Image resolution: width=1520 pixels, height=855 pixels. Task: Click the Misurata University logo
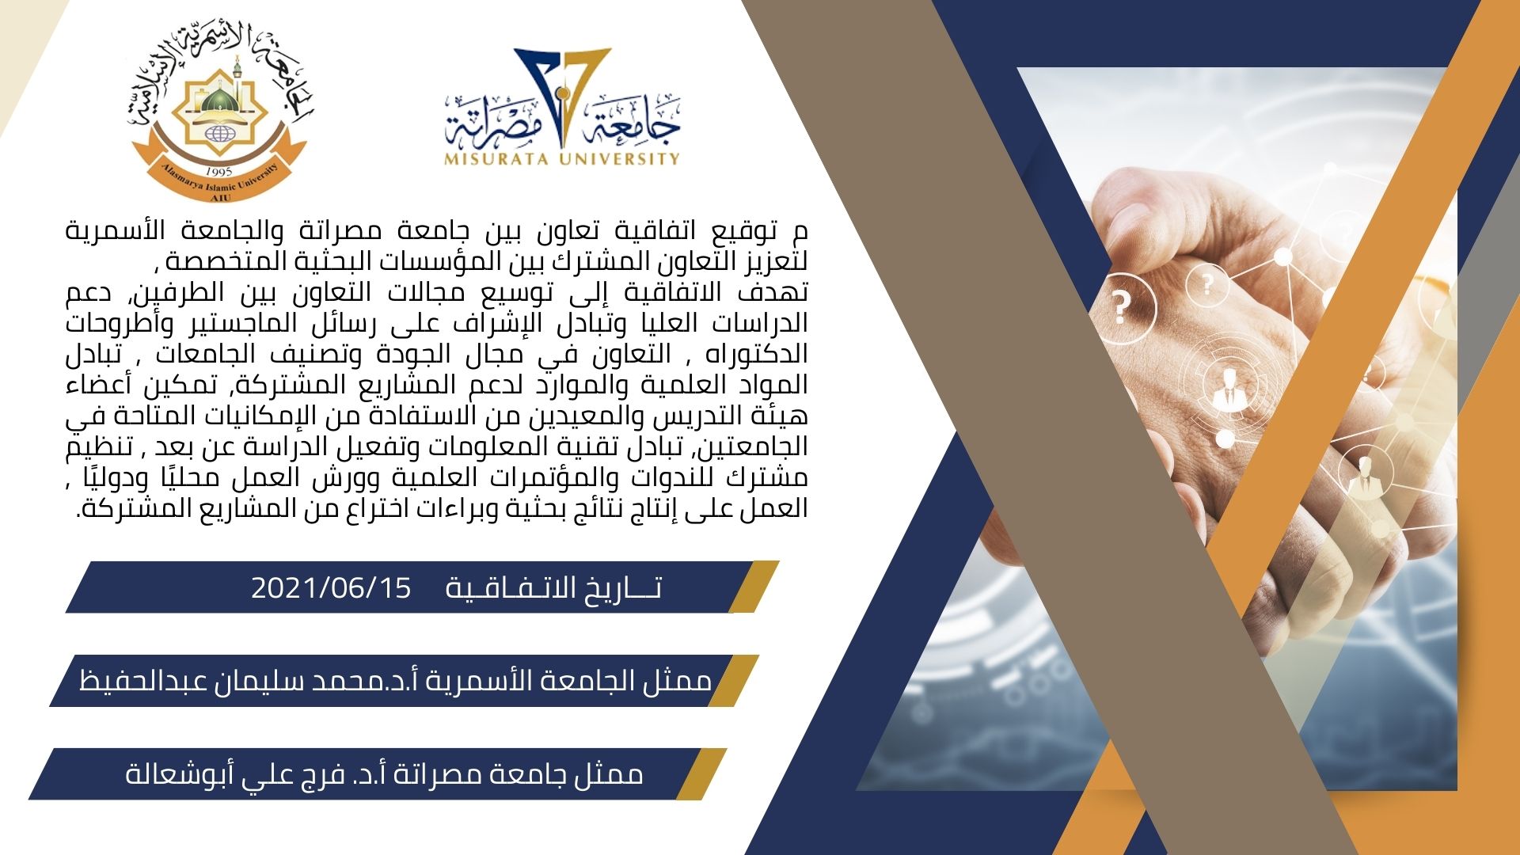tap(563, 107)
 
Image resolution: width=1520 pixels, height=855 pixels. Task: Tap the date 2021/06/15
tap(332, 588)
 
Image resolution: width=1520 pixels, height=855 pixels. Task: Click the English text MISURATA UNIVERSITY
tap(563, 158)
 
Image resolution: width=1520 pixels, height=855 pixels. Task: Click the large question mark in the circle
tap(1120, 307)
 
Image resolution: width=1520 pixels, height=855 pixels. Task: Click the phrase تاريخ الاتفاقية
tap(554, 588)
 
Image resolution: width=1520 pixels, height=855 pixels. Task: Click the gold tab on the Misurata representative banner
tap(701, 773)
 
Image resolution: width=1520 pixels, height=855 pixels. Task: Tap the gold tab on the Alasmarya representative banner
tap(733, 680)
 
